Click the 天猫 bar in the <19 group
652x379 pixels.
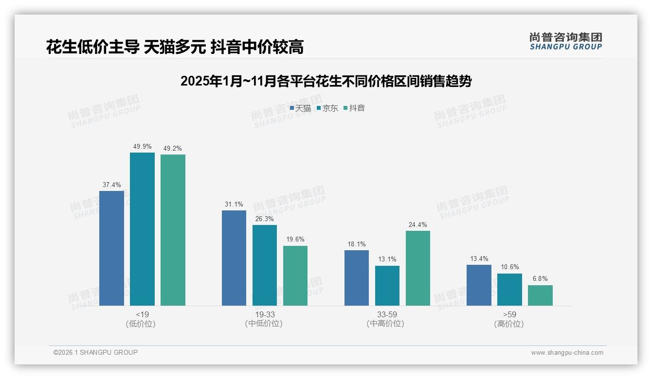111,248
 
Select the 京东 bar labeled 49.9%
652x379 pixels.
142,229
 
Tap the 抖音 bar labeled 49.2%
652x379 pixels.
173,230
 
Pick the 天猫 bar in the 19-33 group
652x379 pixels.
234,258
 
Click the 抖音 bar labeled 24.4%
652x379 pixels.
418,268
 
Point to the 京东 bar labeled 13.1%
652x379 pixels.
387,285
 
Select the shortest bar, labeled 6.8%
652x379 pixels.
540,295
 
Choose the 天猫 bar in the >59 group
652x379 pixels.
479,285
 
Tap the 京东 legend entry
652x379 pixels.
327,108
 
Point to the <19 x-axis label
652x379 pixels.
142,314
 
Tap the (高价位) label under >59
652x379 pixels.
509,324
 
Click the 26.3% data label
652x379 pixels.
265,219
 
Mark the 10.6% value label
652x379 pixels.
509,267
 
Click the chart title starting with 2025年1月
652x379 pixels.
326,81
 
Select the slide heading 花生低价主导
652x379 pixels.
175,47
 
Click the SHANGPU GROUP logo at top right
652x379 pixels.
565,41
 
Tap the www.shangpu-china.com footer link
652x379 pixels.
567,353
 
